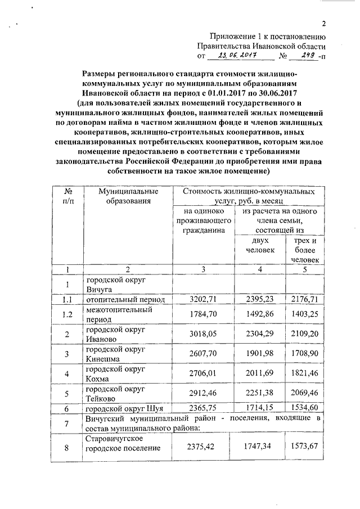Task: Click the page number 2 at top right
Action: pyautogui.click(x=324, y=23)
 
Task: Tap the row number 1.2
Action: pyautogui.click(x=67, y=314)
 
